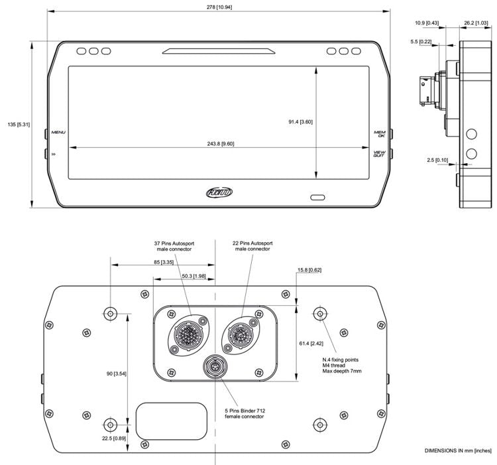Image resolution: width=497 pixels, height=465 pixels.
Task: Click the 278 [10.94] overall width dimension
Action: click(218, 6)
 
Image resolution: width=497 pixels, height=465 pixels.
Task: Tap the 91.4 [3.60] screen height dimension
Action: click(300, 121)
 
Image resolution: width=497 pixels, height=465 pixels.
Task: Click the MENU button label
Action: click(58, 132)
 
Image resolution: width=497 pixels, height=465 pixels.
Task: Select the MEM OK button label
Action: click(380, 134)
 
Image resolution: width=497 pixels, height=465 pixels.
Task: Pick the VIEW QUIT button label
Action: click(379, 154)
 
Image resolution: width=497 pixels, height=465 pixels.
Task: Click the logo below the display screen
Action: click(219, 192)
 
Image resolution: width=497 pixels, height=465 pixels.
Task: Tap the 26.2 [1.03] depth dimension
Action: click(475, 23)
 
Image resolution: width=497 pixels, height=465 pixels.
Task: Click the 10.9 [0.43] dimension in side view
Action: click(429, 23)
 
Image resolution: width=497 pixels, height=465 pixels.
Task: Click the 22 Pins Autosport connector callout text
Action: click(252, 246)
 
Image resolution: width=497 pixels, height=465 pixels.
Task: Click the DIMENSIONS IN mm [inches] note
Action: click(458, 450)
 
